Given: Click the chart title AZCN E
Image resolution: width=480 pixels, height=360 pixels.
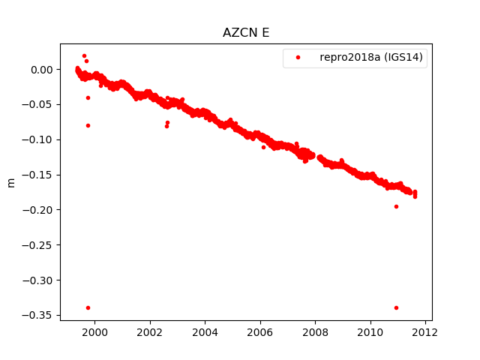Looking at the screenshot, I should coord(246,33).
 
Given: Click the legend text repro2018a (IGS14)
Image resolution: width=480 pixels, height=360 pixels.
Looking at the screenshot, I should coord(373,58).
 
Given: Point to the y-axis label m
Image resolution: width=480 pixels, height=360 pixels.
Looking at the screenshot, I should coord(10,182).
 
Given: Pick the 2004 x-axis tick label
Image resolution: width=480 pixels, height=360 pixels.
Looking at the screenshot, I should coord(205,332).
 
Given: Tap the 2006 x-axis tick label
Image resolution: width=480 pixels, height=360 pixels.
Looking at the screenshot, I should coord(260,332).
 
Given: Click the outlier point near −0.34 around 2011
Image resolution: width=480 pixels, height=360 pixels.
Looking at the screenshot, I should coord(396,307).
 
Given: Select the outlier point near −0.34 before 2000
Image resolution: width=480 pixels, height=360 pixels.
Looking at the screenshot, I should coord(88,307).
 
